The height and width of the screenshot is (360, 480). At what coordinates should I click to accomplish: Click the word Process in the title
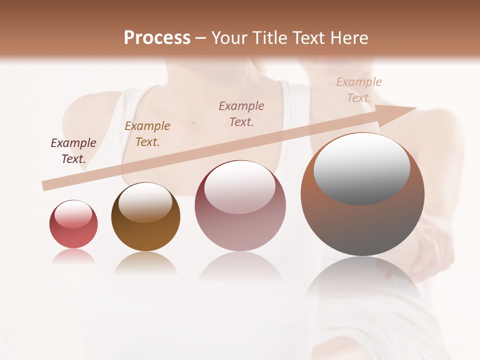[x=157, y=38]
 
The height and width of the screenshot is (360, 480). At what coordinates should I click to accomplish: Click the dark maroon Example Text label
[x=73, y=151]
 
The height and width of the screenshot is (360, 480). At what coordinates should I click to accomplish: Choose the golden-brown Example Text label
[x=147, y=134]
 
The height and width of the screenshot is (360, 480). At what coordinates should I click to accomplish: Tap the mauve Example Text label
[x=241, y=113]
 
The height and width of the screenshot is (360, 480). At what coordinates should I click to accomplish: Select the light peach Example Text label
[x=359, y=90]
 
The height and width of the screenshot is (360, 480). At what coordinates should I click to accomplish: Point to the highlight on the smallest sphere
[x=73, y=214]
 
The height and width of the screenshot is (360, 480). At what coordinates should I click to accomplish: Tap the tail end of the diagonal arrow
[x=46, y=185]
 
